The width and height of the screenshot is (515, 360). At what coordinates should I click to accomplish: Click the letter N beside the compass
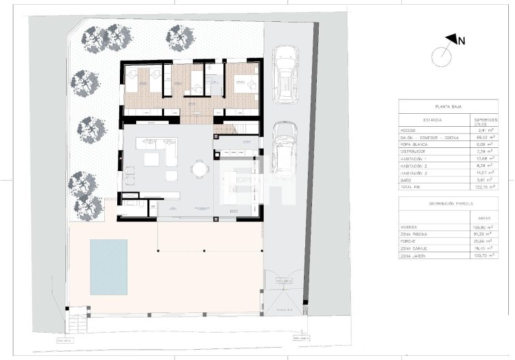[461, 40]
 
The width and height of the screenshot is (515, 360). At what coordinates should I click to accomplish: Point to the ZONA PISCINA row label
[417, 234]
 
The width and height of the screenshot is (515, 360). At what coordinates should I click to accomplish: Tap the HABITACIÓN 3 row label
[416, 172]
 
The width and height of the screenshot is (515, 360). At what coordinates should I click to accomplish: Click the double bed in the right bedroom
[243, 84]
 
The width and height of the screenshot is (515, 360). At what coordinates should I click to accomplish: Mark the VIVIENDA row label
[413, 227]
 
